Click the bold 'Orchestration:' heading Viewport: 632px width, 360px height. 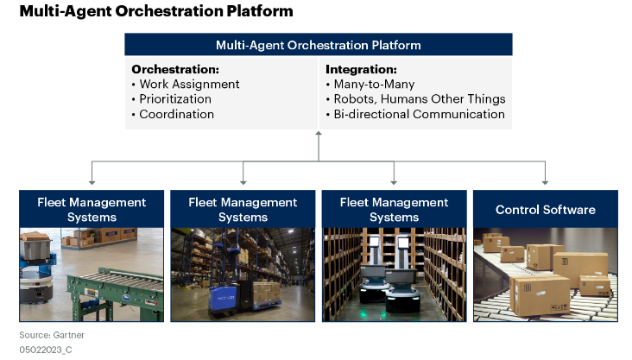[175, 69]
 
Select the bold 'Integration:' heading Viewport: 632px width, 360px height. [361, 69]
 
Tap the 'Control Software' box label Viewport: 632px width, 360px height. [546, 210]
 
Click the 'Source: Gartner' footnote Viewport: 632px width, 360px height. [52, 335]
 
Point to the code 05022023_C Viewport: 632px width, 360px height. [46, 350]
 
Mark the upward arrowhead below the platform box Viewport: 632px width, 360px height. [319, 134]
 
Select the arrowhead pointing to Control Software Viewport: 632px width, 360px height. [545, 183]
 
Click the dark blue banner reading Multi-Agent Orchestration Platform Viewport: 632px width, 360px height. [319, 45]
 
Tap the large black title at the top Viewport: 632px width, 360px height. [156, 11]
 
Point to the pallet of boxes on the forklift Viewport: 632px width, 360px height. [267, 293]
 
